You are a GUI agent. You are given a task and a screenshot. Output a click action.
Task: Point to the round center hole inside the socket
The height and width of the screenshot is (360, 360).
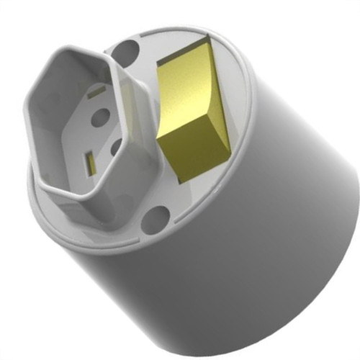100,115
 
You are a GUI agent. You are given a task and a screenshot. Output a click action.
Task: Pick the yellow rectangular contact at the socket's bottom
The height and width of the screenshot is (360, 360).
89,163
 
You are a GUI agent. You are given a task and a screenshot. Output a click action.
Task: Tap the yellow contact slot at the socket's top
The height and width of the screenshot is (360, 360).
96,92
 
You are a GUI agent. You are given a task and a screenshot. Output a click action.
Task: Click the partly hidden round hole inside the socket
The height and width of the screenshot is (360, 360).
117,147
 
